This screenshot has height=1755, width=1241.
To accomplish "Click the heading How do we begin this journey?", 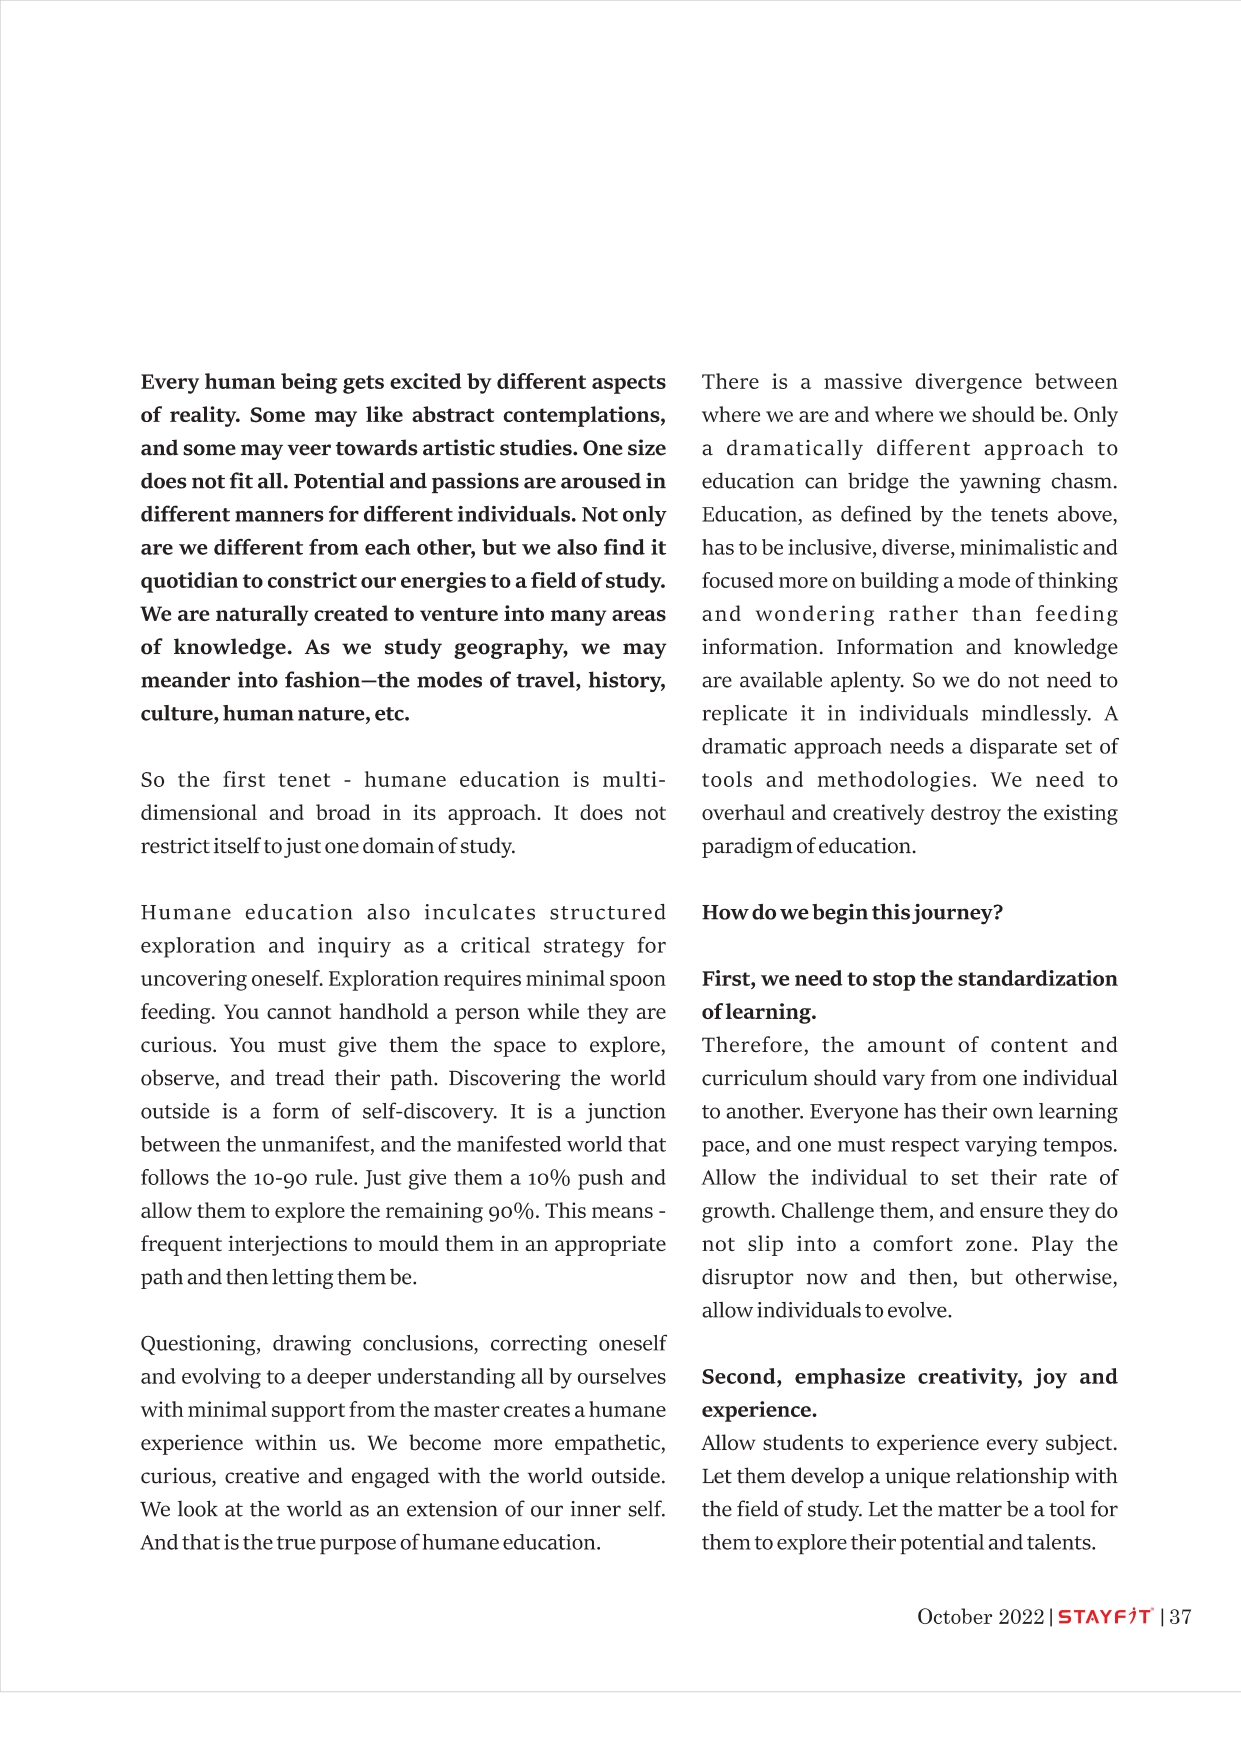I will point(852,912).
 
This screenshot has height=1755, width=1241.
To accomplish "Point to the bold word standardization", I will point(1037,978).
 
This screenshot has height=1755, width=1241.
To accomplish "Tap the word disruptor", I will point(747,1277).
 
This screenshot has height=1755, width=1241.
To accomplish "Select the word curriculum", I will point(754,1078).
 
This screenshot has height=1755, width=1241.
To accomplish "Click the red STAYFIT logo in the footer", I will point(1105,1617).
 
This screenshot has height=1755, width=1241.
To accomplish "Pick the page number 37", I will point(1180,1617).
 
